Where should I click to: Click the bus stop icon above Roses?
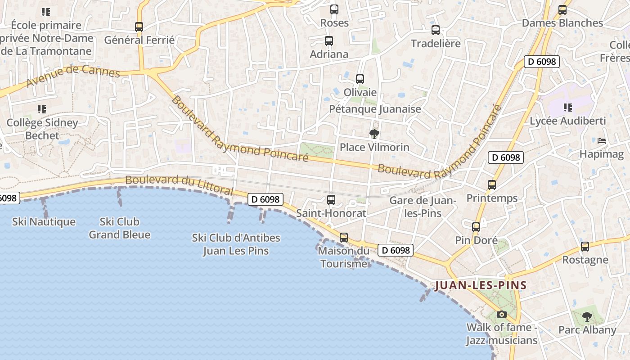[334, 9]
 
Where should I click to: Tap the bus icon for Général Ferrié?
[139, 27]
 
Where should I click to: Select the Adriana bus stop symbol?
[329, 41]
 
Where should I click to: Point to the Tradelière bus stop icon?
[435, 30]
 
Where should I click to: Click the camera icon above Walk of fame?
[501, 314]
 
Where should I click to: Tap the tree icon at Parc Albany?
[587, 317]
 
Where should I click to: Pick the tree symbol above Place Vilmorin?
[374, 134]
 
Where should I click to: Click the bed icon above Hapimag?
[601, 141]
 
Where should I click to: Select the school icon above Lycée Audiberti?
[567, 108]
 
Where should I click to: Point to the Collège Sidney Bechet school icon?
[42, 109]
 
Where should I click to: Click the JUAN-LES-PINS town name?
[481, 285]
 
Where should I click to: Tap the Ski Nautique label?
[44, 222]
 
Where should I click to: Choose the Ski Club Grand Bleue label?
[119, 228]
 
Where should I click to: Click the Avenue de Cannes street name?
[73, 76]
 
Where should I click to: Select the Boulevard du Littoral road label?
[179, 185]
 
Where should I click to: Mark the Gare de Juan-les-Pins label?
[423, 207]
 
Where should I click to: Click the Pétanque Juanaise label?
[375, 109]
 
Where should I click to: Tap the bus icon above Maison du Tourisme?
[344, 237]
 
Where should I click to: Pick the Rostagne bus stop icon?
[585, 247]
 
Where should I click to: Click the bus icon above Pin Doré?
[476, 227]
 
